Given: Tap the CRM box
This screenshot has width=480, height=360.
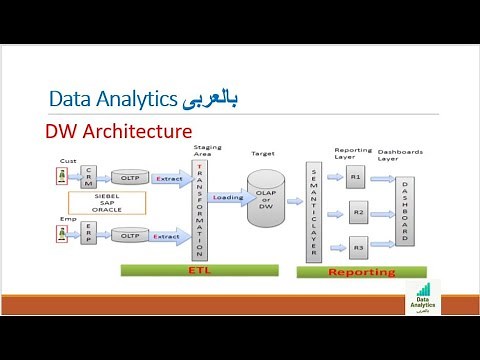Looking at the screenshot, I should click(x=88, y=179).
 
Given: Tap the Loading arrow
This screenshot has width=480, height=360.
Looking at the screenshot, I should click(x=227, y=198).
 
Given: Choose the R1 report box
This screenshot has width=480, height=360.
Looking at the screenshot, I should click(x=357, y=178).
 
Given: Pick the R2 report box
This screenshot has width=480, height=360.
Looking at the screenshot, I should click(x=358, y=213).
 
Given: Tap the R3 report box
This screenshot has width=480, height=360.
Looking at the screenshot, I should click(x=358, y=247).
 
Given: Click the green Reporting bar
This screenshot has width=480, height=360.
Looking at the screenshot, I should click(x=361, y=271).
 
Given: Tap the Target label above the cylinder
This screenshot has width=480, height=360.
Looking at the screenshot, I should click(x=263, y=154).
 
